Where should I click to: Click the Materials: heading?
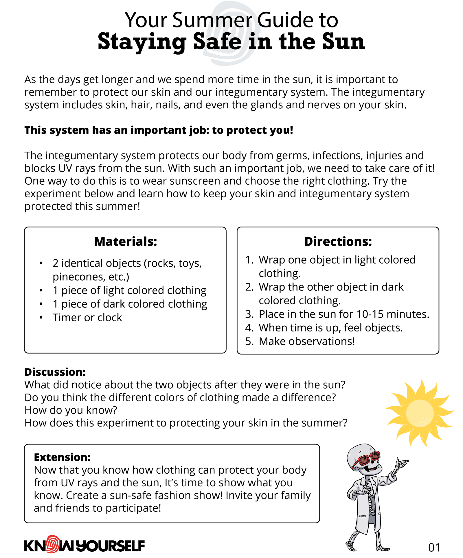[125, 242]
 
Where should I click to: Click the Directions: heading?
[338, 242]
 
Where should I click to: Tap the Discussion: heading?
[55, 372]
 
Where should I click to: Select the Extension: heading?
[62, 457]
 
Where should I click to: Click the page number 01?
[434, 547]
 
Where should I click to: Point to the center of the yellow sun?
[419, 413]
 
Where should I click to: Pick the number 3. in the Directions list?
[249, 314]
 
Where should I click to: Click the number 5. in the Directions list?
[249, 341]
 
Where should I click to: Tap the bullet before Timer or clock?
[41, 318]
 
